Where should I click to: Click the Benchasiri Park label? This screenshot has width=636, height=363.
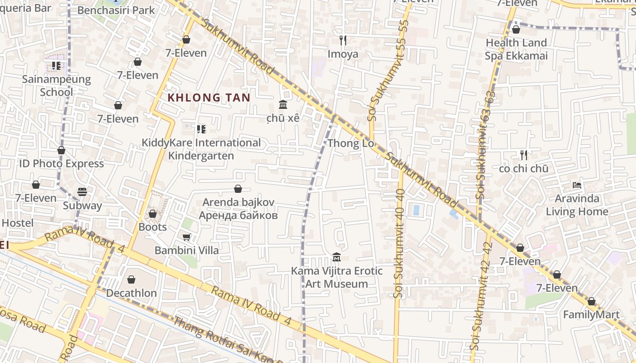click(116, 10)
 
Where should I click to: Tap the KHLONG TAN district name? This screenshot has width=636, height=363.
click(209, 98)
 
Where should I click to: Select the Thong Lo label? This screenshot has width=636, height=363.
click(351, 143)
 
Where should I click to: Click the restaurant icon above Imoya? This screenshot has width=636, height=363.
click(343, 40)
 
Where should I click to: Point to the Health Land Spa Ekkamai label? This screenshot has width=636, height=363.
click(516, 49)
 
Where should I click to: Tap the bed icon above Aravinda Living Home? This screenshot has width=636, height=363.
click(577, 185)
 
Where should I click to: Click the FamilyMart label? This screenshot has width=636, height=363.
click(591, 314)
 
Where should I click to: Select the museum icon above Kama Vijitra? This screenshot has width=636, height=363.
click(336, 257)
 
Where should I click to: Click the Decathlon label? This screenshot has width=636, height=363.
click(131, 293)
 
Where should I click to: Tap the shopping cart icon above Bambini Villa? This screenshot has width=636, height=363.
click(186, 237)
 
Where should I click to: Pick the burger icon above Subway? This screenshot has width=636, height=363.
click(82, 192)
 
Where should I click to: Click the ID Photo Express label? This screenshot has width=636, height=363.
click(61, 163)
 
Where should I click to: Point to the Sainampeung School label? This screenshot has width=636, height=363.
click(56, 86)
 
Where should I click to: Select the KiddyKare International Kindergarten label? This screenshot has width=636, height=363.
click(201, 149)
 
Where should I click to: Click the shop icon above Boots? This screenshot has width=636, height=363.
click(153, 213)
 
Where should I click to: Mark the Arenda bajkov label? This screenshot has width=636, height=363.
click(238, 209)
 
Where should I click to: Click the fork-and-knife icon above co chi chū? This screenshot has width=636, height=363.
click(523, 155)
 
